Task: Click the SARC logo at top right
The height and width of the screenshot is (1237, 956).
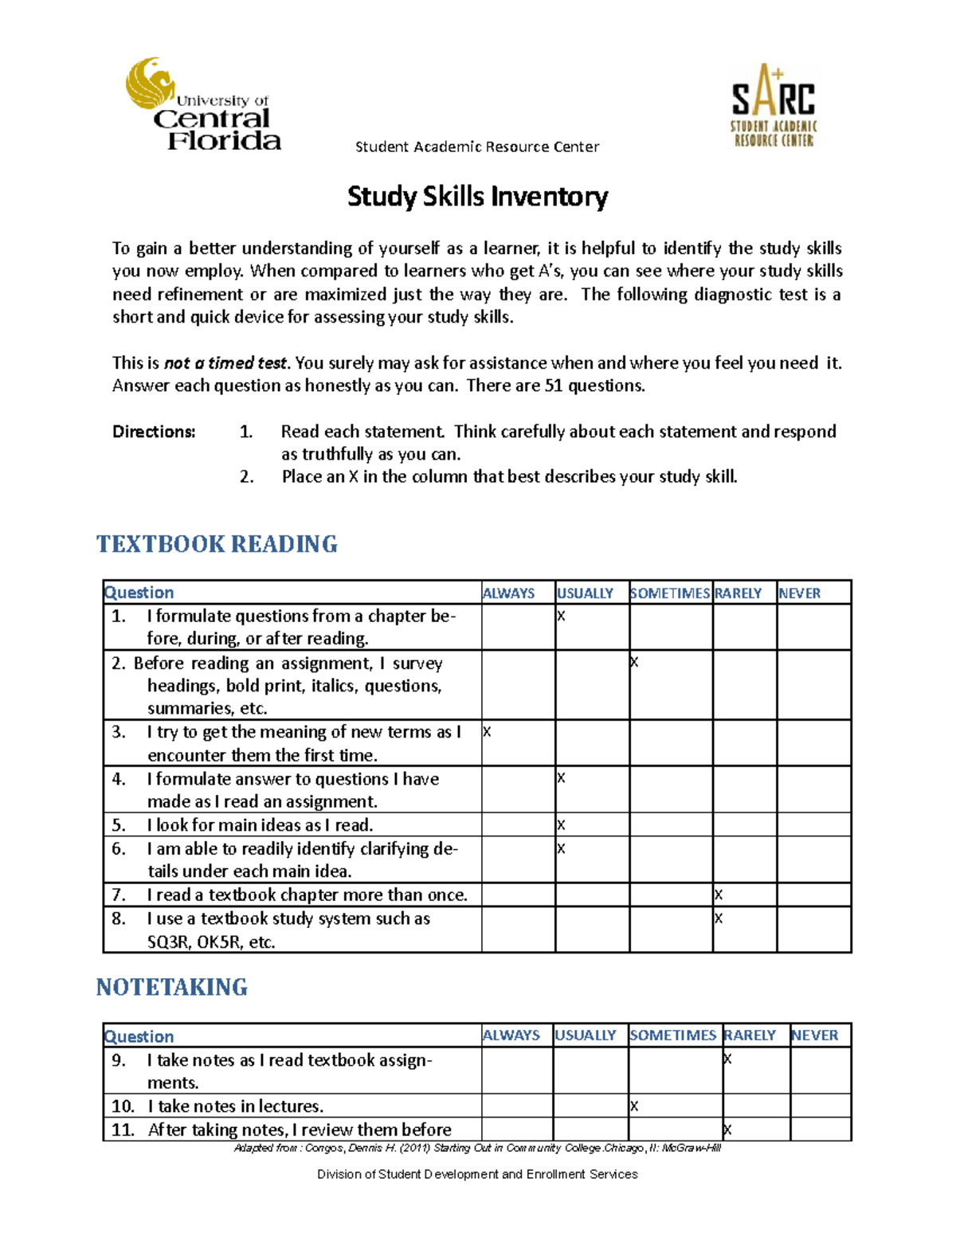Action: pos(774,106)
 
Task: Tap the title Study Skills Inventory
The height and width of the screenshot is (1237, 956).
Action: pos(477,197)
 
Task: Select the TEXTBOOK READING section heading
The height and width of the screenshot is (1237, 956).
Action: pos(217,544)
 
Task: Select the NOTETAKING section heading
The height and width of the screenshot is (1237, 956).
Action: pos(171,987)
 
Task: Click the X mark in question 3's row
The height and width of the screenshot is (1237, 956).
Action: pos(487,732)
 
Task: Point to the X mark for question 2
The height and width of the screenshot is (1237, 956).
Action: pos(634,663)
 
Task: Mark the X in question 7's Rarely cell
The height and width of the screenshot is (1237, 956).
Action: pos(719,895)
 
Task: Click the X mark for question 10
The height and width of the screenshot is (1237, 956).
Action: pos(634,1106)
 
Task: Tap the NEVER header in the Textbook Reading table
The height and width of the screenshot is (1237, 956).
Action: pos(799,593)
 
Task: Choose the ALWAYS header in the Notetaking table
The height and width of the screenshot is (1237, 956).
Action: pos(511,1035)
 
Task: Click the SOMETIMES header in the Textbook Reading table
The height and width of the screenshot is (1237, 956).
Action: pos(669,593)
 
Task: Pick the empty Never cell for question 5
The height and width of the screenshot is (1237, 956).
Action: pos(813,824)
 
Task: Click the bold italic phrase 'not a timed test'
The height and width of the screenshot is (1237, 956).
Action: pos(225,363)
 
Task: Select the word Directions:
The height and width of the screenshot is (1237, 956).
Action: pos(154,432)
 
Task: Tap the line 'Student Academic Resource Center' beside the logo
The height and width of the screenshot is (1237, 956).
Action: pos(476,147)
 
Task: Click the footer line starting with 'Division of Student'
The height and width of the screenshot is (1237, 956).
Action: pos(477,1174)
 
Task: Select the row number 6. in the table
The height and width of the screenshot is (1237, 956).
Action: pos(119,849)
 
